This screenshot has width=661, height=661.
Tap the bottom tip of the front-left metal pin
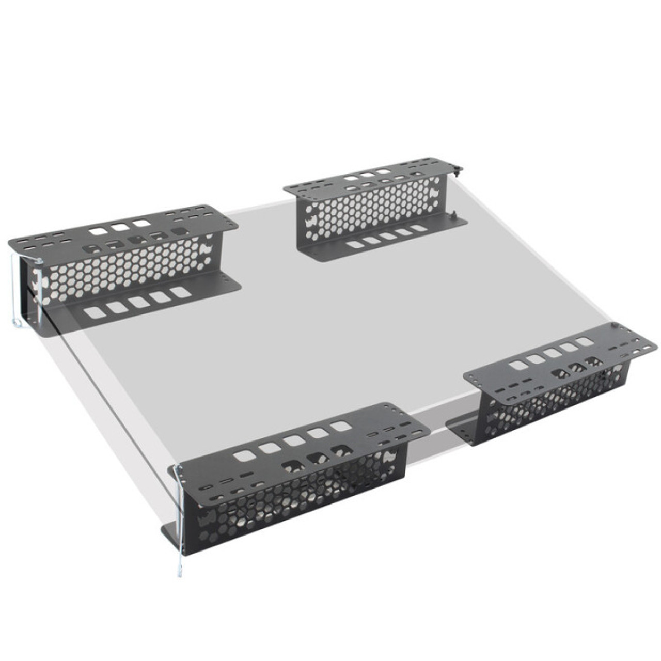(178, 574)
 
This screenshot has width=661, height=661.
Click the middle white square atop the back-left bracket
(120, 227)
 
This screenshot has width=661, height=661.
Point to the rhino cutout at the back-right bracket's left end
(312, 223)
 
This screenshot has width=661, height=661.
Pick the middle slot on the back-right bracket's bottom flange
(388, 237)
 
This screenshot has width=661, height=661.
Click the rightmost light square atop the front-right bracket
(584, 342)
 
